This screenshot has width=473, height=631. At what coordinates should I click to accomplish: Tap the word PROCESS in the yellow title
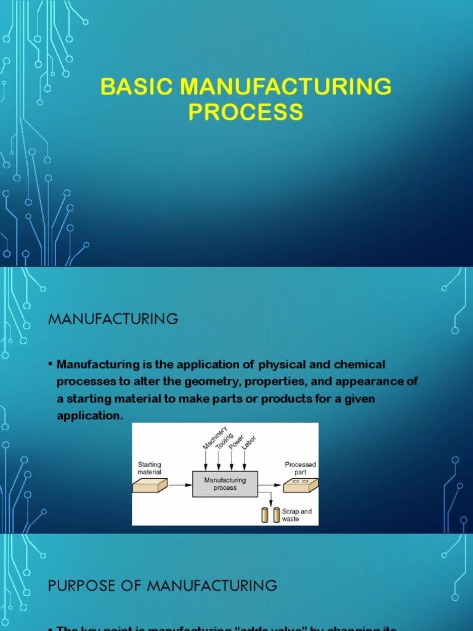point(246,113)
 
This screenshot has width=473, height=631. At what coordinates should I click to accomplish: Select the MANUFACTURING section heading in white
point(113,319)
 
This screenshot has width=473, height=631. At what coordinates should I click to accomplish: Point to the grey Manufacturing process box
point(225,484)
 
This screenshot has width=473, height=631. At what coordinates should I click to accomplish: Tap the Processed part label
point(300,468)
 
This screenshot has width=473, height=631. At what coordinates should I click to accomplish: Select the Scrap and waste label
point(296,515)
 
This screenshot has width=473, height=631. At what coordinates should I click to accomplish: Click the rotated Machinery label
point(214,438)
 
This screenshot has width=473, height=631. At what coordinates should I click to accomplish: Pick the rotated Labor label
point(249,443)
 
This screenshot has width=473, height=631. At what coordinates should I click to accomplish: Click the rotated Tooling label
point(225,441)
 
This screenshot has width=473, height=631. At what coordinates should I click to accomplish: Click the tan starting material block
point(150,487)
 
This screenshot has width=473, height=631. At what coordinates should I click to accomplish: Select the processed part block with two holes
point(301,486)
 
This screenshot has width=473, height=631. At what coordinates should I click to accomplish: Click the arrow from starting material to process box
point(180,486)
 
